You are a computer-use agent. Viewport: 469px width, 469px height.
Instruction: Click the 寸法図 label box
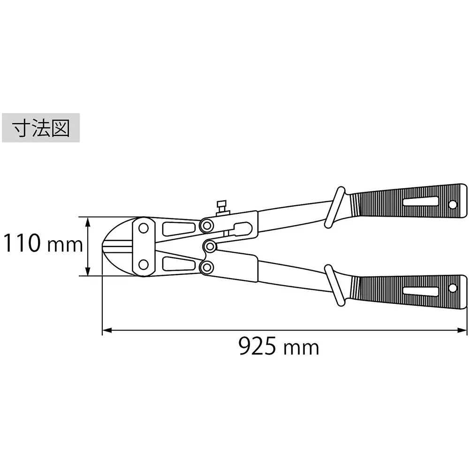pos(41,127)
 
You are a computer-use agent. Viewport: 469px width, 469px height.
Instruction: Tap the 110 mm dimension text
pos(43,244)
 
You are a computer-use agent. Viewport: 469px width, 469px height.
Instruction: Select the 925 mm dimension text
pos(279,347)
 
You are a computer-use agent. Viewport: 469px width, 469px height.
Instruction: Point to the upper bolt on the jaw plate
pos(143,228)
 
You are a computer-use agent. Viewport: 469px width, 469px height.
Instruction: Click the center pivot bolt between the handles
pos(210,246)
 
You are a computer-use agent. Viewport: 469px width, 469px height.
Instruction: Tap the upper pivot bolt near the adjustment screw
pos(205,226)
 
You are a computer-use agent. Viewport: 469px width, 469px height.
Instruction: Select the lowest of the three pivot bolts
pos(205,267)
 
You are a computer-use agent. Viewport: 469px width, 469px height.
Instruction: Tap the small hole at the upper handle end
pos(453,204)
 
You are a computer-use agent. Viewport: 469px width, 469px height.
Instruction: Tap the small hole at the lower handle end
pos(453,288)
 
